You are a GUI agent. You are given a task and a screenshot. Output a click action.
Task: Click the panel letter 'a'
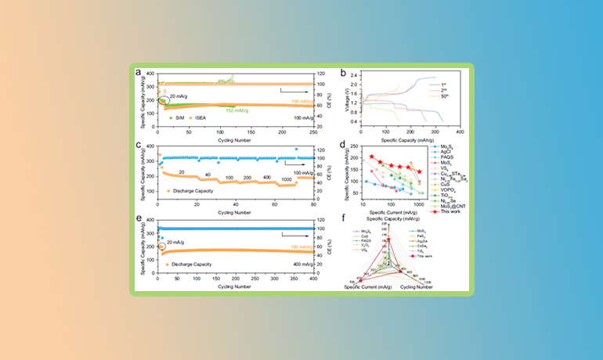click(138, 73)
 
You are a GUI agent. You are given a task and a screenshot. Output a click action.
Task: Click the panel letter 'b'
click(343, 73)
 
